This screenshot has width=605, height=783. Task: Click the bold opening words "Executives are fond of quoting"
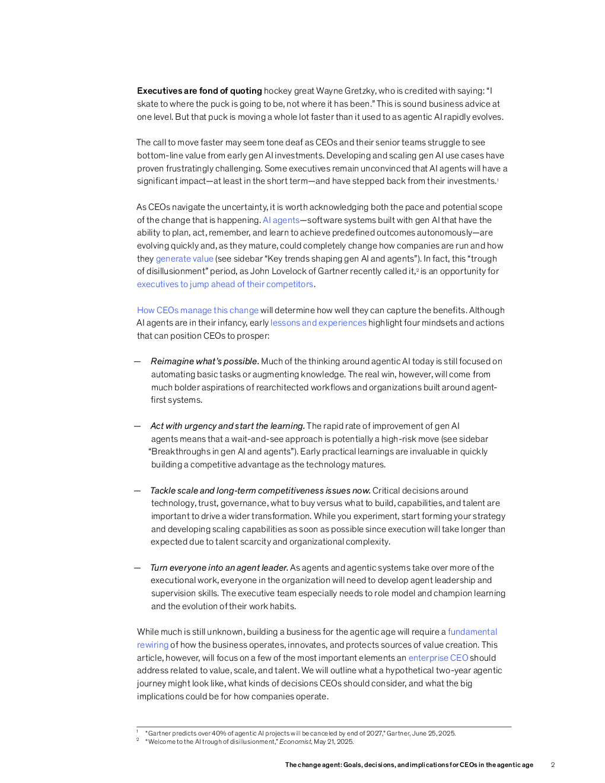coord(199,91)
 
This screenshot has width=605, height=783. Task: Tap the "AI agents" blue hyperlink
coord(281,220)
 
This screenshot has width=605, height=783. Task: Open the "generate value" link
coord(184,259)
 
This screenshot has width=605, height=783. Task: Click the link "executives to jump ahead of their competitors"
coord(225,284)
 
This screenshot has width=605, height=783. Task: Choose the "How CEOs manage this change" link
coord(198,310)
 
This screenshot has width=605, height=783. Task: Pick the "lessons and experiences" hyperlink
coord(319,323)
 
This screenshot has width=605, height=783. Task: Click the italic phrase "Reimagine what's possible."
coord(205,361)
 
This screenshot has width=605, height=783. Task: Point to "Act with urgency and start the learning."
coord(228,426)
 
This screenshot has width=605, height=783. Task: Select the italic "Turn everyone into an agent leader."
coord(219,568)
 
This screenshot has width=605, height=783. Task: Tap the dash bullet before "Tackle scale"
coord(138,491)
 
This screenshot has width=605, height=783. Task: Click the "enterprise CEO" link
coord(438,658)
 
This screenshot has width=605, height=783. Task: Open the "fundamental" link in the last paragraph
coord(472,632)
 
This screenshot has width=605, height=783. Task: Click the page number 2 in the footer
coord(553,765)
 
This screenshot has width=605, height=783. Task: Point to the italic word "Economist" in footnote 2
coord(295,741)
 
